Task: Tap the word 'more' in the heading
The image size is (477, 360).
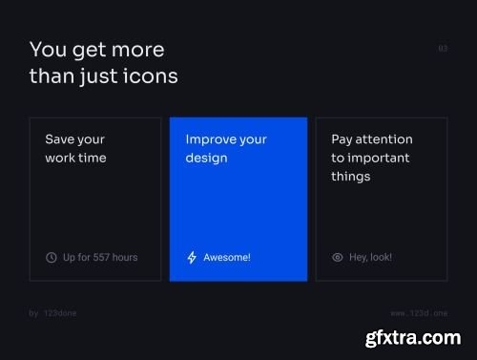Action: (x=135, y=50)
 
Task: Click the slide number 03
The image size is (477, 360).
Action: (x=443, y=48)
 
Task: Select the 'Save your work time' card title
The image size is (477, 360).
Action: (x=75, y=148)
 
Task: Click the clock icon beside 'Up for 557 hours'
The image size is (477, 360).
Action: (x=52, y=257)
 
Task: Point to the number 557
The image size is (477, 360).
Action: (x=105, y=257)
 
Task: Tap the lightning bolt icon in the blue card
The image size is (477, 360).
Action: (x=192, y=257)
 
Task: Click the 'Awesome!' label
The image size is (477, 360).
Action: (x=226, y=257)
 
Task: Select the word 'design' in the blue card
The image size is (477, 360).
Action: (x=207, y=158)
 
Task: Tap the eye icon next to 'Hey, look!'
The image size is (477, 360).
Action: (x=337, y=257)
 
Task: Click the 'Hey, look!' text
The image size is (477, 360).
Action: (x=370, y=257)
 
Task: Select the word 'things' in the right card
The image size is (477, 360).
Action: (x=350, y=176)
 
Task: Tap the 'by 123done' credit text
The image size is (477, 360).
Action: (x=53, y=312)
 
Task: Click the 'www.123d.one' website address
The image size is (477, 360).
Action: (x=419, y=312)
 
